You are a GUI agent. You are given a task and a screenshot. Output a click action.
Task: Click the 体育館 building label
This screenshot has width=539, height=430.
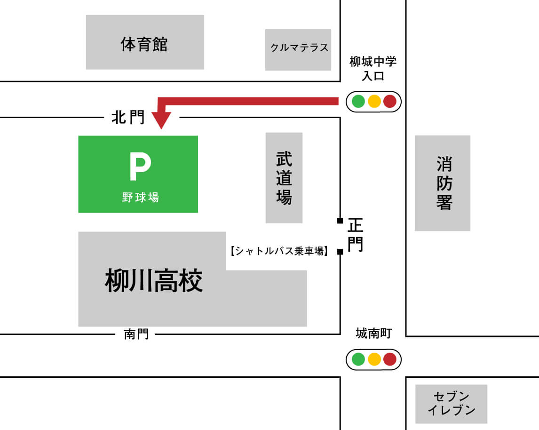click(x=144, y=44)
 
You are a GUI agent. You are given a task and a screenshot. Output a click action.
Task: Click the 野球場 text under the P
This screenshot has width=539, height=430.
click(x=140, y=197)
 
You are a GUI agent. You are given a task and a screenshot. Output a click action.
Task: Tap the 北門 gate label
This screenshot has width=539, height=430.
click(x=127, y=118)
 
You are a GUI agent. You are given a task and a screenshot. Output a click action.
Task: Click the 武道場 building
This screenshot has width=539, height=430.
click(x=284, y=178)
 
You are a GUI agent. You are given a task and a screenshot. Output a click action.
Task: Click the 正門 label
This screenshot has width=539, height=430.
click(x=355, y=235)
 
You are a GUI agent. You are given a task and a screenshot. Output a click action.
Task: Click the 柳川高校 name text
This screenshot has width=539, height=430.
click(x=153, y=281)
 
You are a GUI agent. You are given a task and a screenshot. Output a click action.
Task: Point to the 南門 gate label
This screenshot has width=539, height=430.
click(x=136, y=334)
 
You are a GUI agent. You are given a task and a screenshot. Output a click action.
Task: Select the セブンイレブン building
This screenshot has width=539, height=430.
click(x=451, y=403)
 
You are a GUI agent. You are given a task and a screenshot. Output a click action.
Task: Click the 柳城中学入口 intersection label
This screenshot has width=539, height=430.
click(x=373, y=68)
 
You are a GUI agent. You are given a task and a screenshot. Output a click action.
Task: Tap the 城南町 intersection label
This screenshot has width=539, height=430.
click(x=373, y=334)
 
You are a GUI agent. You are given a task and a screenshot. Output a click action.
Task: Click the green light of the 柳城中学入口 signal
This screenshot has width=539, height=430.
click(x=358, y=101)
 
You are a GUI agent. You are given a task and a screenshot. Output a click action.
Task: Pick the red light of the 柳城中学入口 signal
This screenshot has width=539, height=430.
click(x=390, y=101)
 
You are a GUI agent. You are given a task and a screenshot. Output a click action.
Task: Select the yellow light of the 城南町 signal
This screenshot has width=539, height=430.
click(x=374, y=359)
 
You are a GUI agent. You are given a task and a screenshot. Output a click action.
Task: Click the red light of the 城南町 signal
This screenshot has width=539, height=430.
click(x=390, y=359)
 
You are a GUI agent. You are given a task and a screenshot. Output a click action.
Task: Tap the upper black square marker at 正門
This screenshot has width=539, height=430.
click(x=340, y=221)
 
